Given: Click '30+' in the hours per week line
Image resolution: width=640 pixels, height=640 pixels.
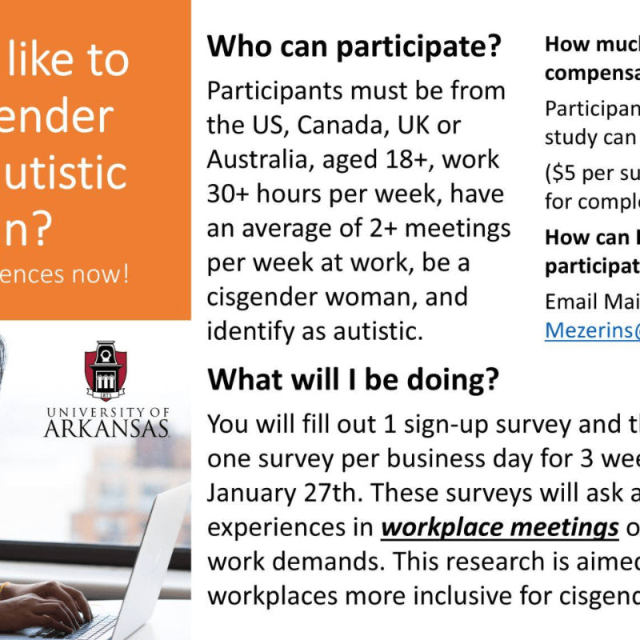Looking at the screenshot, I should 230,194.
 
